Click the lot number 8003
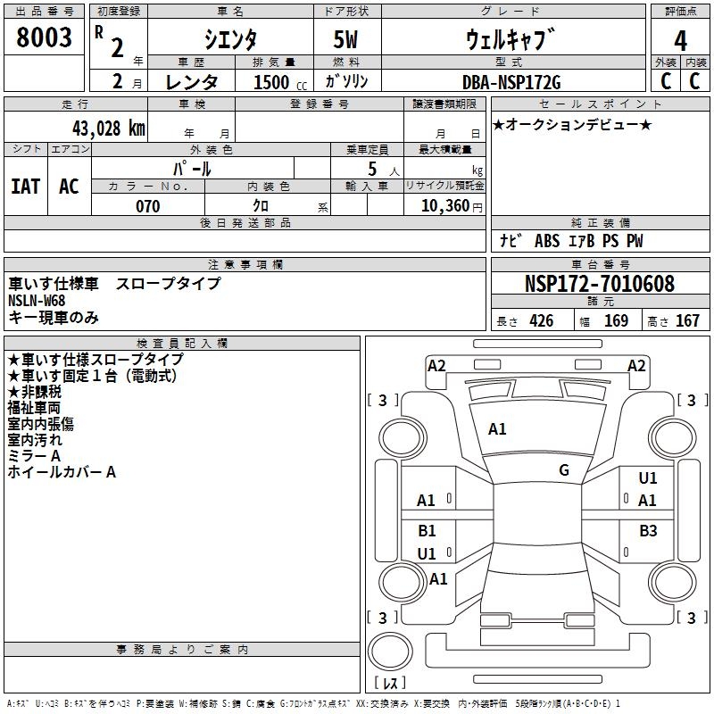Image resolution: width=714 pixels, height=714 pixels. tap(44, 38)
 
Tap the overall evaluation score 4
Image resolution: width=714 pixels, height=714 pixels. tap(680, 40)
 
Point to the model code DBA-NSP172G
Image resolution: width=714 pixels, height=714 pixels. tap(515, 82)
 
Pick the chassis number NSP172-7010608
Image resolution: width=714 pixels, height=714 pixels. tap(599, 284)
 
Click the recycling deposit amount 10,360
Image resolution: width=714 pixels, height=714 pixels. tap(442, 206)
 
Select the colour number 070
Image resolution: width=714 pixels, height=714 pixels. tap(147, 206)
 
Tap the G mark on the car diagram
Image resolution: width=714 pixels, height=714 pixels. tap(564, 470)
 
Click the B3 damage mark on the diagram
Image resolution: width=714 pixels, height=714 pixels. tap(648, 531)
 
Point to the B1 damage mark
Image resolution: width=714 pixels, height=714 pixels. tap(428, 531)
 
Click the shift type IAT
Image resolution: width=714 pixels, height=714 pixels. tap(25, 187)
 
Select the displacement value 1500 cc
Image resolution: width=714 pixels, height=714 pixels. tap(278, 82)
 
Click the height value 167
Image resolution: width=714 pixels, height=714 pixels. tap(686, 321)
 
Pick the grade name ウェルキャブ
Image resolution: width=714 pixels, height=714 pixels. tap(504, 40)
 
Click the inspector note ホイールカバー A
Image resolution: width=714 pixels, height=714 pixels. tap(62, 472)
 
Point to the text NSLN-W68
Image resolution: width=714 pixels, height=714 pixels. tap(37, 301)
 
